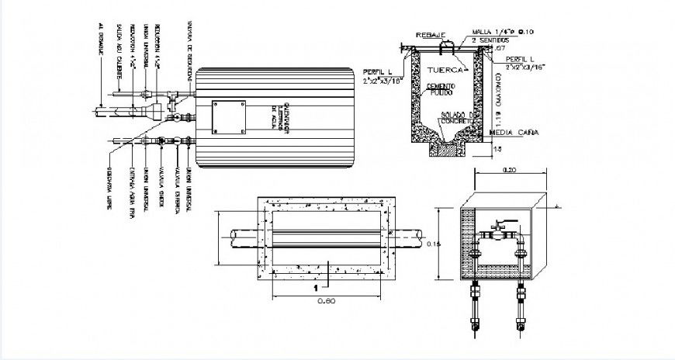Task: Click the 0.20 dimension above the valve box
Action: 509,168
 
